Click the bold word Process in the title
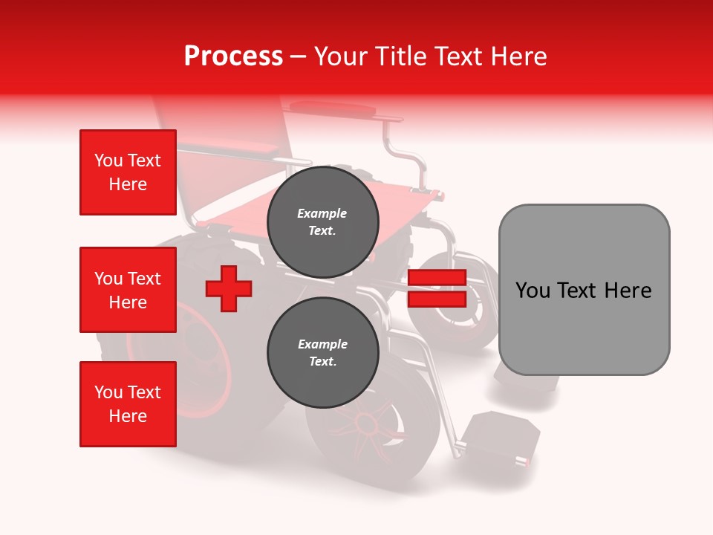[233, 56]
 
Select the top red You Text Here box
[128, 172]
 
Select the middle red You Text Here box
[128, 290]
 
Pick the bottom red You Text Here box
[128, 404]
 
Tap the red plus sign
[229, 288]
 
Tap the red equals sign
[437, 289]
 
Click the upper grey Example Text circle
[322, 222]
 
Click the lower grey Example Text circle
[322, 352]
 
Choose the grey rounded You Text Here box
[584, 290]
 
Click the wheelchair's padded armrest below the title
[333, 109]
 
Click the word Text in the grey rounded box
[584, 290]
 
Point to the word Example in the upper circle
[322, 213]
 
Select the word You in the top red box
[108, 160]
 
